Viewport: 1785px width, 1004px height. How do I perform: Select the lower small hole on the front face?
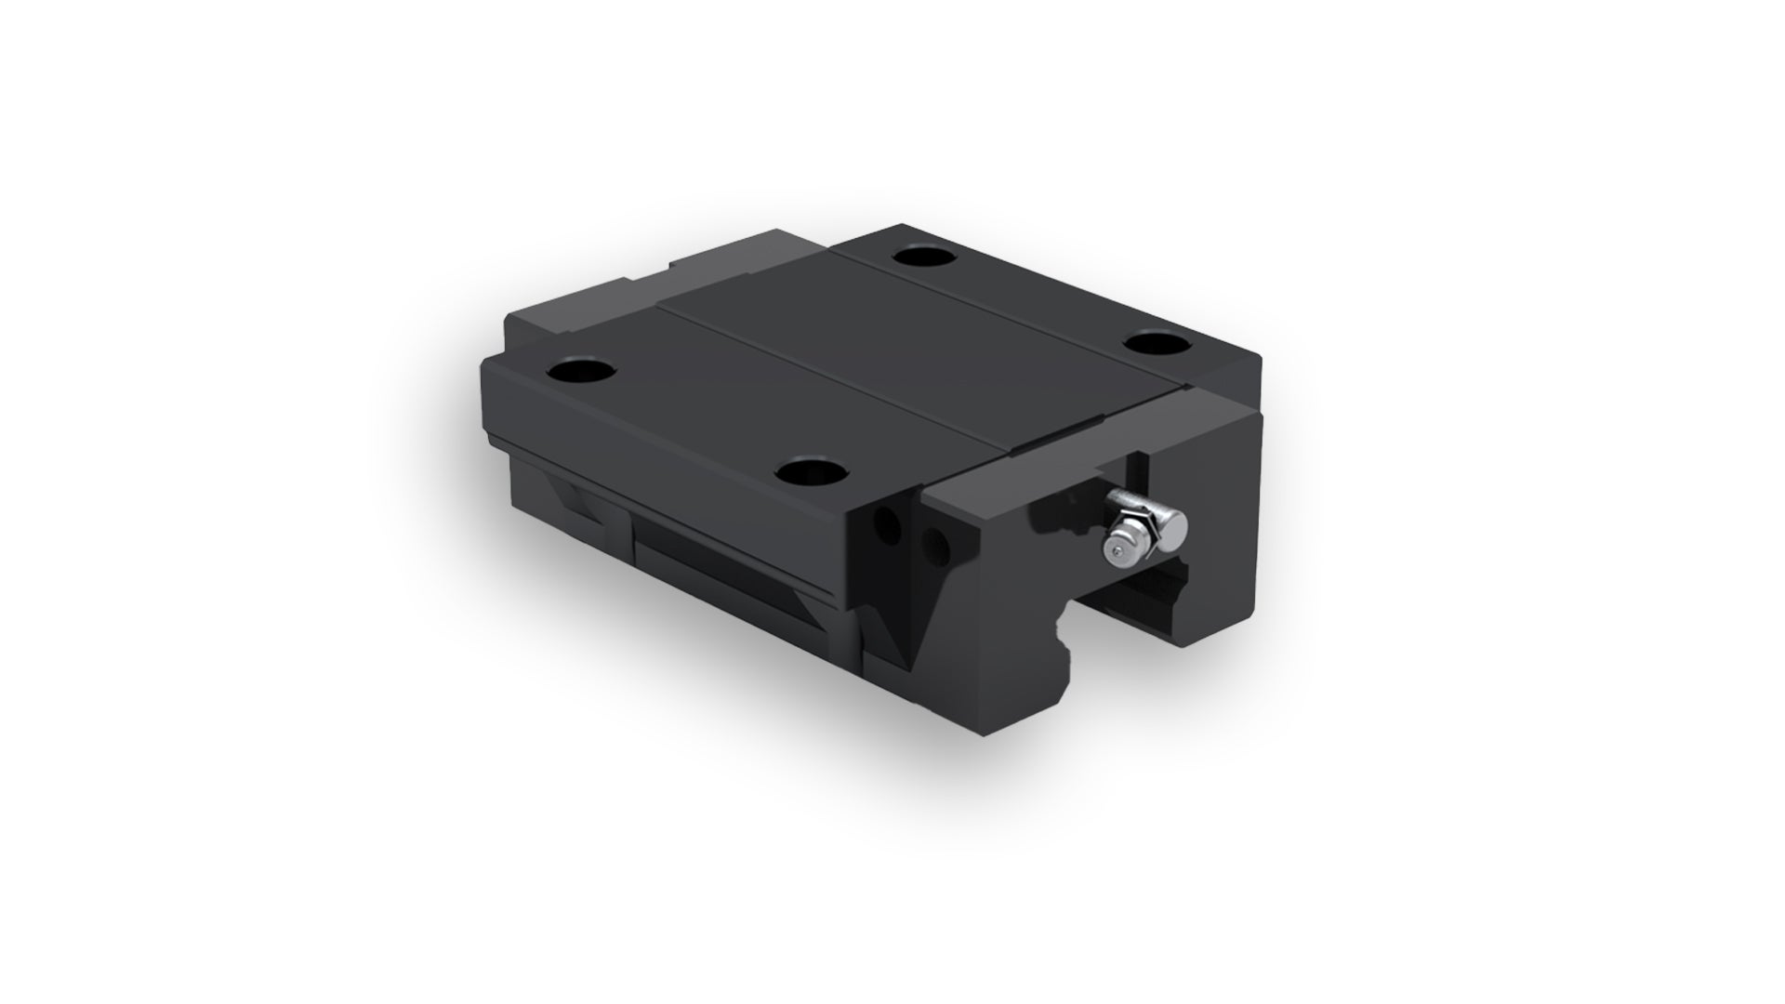click(x=935, y=540)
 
